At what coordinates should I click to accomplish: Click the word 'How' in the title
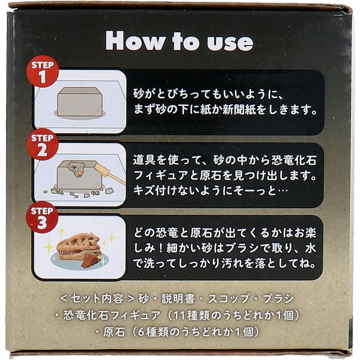tap(135, 41)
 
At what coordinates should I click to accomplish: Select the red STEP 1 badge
tap(42, 73)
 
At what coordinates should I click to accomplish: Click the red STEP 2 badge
tap(42, 145)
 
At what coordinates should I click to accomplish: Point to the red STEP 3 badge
tap(42, 217)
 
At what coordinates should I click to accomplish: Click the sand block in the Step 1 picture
tap(79, 102)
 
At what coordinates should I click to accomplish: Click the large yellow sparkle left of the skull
tap(49, 247)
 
